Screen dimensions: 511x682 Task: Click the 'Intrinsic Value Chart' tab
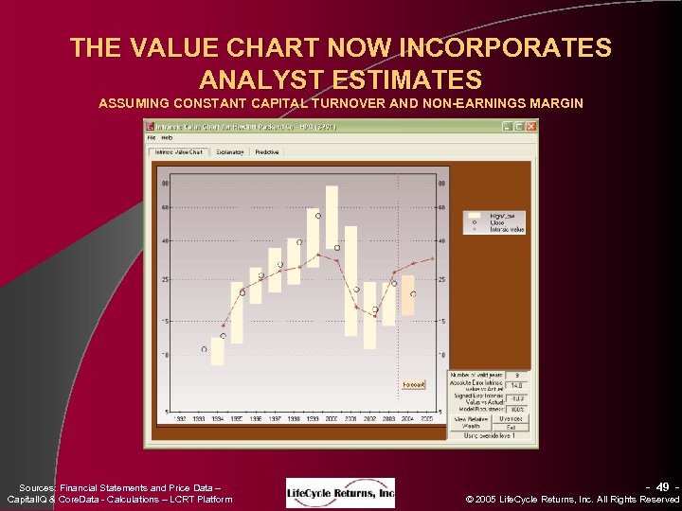click(181, 151)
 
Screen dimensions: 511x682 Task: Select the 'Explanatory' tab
click(230, 151)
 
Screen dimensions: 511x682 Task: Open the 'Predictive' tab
click(267, 151)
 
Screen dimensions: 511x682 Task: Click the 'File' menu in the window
click(152, 137)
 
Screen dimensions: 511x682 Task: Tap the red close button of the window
click(531, 126)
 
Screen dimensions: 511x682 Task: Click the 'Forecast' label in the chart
click(414, 385)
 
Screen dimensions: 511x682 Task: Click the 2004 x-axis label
click(408, 417)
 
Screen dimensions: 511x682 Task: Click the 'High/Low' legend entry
click(502, 216)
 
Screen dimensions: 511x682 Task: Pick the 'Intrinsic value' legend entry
click(506, 229)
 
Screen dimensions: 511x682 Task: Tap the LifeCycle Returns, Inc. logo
click(341, 492)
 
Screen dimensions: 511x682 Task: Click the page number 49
click(663, 486)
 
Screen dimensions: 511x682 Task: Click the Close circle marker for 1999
click(318, 216)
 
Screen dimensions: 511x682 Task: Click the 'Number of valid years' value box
click(517, 376)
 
